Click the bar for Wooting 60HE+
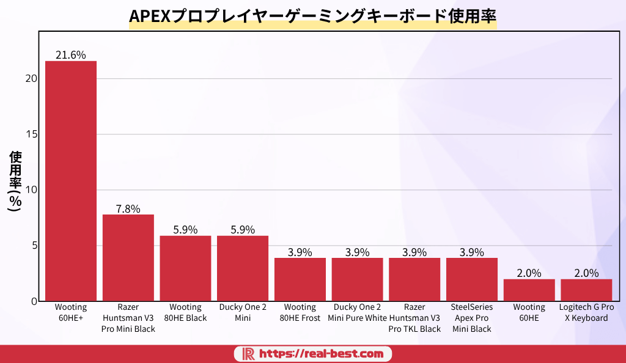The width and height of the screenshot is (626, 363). coord(71,181)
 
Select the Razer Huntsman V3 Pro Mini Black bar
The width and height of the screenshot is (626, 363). coord(128,257)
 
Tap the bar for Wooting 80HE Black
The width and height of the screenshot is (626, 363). coord(185,268)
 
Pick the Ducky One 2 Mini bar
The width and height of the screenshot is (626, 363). coord(243,268)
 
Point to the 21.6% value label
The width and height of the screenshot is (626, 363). coord(71,55)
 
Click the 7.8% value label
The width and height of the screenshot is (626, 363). coord(128,208)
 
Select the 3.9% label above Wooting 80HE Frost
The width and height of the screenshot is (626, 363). coord(300,252)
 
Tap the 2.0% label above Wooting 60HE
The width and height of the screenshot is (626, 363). coord(529,273)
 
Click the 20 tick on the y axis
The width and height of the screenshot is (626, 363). coord(32,79)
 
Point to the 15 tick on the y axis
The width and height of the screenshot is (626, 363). coord(32,134)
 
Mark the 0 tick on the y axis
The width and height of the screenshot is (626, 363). coord(34,301)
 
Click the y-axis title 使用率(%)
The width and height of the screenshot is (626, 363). coord(15,181)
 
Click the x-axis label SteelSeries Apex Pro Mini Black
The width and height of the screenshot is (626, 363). coord(472,318)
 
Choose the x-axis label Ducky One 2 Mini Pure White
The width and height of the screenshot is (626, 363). coord(357,312)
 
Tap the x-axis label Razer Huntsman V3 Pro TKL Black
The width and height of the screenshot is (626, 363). coord(414,318)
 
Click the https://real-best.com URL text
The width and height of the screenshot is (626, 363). coord(322,354)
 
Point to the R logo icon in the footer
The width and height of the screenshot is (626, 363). coord(248,354)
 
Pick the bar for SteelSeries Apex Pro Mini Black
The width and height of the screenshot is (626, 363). coord(472,279)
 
